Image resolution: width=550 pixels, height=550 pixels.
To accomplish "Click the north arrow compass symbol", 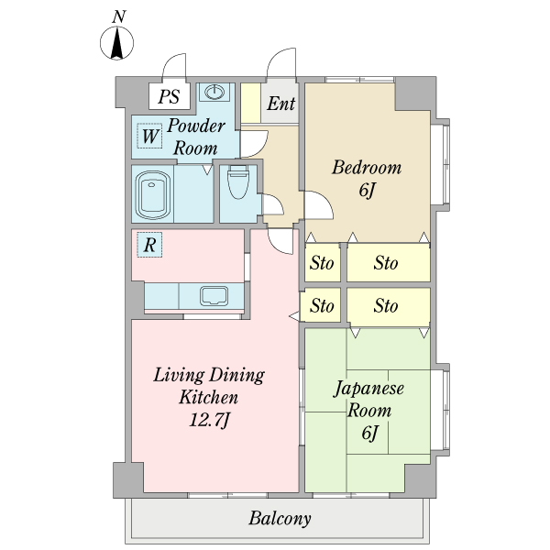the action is [x=116, y=43].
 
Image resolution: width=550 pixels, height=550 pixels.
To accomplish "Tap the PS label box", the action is [x=170, y=95].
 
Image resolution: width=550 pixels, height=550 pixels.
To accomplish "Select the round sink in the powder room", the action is [x=214, y=93].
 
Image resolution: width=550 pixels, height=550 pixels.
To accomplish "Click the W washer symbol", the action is [x=149, y=136].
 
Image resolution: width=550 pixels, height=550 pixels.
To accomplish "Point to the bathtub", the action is [x=153, y=194].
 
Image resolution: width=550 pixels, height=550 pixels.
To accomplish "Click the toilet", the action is [x=238, y=182].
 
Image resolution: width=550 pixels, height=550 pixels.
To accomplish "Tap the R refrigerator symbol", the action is [x=149, y=245].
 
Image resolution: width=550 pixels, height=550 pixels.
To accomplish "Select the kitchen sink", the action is [x=214, y=296].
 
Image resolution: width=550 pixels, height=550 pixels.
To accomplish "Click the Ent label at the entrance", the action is [x=281, y=104].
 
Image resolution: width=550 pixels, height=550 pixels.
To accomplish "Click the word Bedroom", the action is [x=367, y=168].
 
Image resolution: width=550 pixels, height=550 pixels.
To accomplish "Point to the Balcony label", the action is [x=280, y=519].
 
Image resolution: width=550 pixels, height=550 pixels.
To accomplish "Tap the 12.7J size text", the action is [x=209, y=420].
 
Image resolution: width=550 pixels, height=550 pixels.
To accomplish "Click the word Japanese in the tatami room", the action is [x=368, y=388].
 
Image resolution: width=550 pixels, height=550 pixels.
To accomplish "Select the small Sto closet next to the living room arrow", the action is [x=321, y=305].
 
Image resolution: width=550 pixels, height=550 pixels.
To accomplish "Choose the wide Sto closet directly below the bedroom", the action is [x=389, y=262].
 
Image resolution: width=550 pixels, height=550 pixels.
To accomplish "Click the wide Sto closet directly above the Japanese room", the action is [x=389, y=306].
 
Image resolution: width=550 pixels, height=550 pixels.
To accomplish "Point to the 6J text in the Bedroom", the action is [x=368, y=190].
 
